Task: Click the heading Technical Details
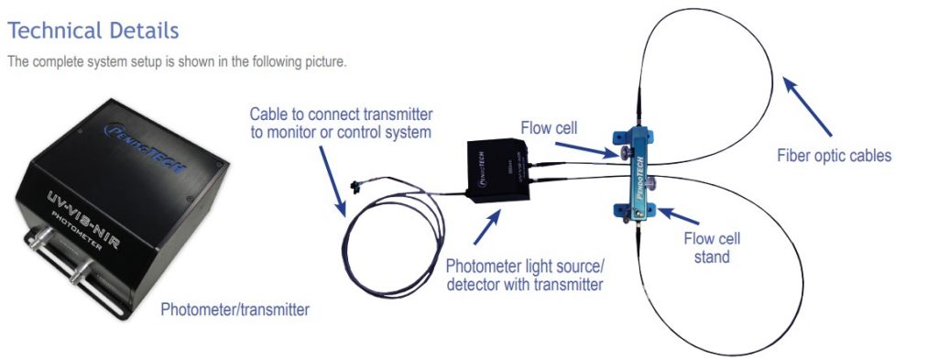tap(93, 30)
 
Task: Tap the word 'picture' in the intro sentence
tap(323, 62)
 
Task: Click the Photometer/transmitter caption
tap(234, 310)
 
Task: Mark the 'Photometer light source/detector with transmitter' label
tap(525, 275)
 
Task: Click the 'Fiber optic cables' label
tap(833, 156)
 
